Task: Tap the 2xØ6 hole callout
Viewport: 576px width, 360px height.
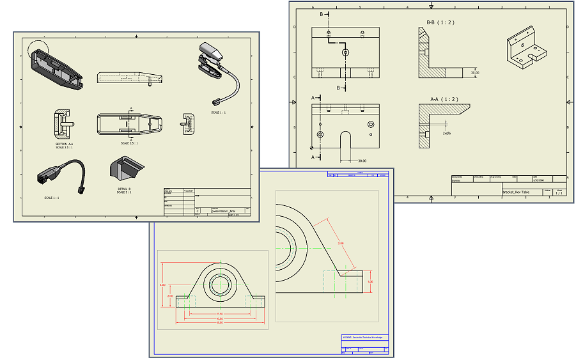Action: click(446, 134)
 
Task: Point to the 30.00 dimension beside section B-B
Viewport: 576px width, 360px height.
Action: click(474, 72)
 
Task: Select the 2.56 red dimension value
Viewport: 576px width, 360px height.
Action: click(341, 244)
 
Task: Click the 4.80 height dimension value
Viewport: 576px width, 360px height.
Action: click(162, 285)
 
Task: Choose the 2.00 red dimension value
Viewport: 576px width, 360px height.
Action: click(169, 296)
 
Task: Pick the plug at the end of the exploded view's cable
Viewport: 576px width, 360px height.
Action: click(215, 101)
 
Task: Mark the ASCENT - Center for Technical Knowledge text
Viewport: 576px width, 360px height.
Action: click(365, 337)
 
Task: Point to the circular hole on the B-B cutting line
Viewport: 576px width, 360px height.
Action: click(345, 52)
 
